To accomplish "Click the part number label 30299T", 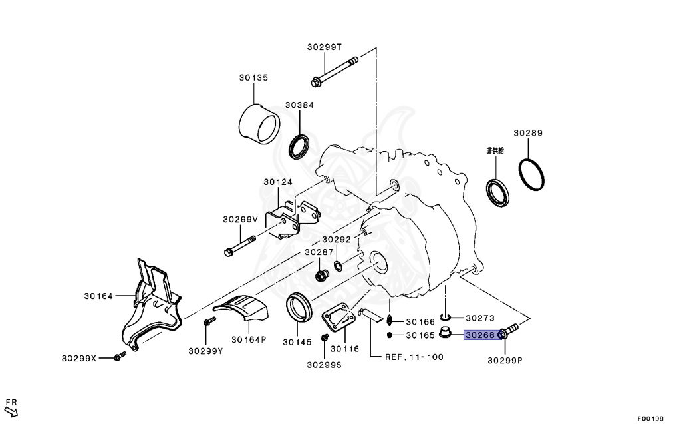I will point(324,47).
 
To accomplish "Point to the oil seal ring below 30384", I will point(301,146).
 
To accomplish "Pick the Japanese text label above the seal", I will point(495,151).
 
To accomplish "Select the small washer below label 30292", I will point(339,267).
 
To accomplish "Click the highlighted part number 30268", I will point(479,335).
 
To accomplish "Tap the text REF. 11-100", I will point(414,357).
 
